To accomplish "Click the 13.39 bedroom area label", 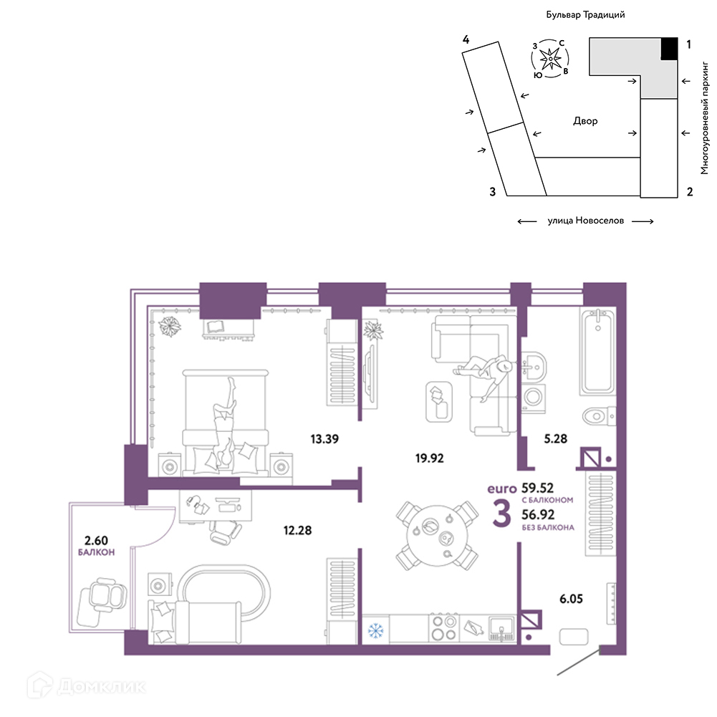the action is (x=324, y=439).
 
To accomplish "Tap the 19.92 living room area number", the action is (x=429, y=458).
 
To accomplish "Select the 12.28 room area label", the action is (x=297, y=531).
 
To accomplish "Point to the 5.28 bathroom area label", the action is (x=555, y=438).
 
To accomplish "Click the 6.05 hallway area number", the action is (x=571, y=599).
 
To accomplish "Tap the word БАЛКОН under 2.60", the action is (x=96, y=552).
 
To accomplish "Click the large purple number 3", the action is (x=501, y=514).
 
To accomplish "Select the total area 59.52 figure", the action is (x=537, y=488).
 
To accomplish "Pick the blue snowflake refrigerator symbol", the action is (x=376, y=631).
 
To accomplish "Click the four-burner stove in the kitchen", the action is (x=443, y=628).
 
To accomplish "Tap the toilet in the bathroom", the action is (x=599, y=416).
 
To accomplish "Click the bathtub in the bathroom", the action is (x=597, y=351).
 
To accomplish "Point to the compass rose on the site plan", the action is (x=550, y=59).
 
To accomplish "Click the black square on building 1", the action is (x=669, y=49).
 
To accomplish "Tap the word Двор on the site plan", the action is (x=585, y=121).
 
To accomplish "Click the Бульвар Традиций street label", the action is (x=585, y=14).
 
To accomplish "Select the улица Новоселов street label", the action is (x=585, y=221).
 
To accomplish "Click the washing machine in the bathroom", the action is (x=533, y=396).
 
